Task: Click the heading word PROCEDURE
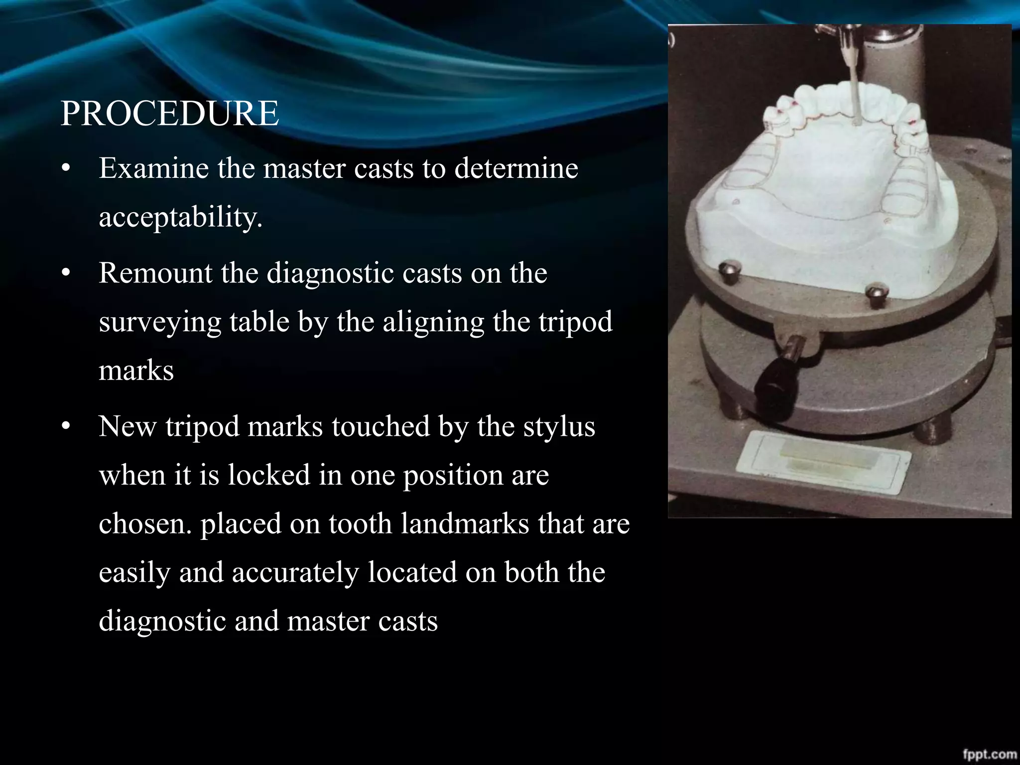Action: (x=169, y=114)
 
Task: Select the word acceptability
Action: (x=180, y=217)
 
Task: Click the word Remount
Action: (x=155, y=273)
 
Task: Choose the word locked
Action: (x=269, y=475)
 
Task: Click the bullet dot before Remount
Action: (x=65, y=274)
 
